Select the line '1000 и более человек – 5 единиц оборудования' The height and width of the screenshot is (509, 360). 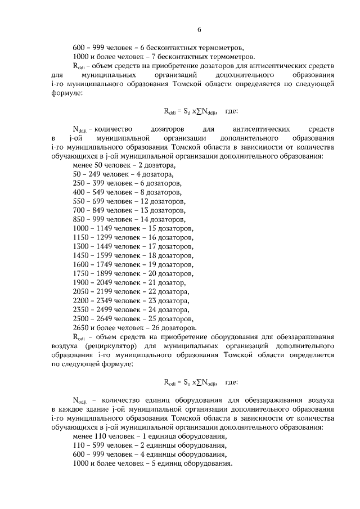pyautogui.click(x=153, y=463)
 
